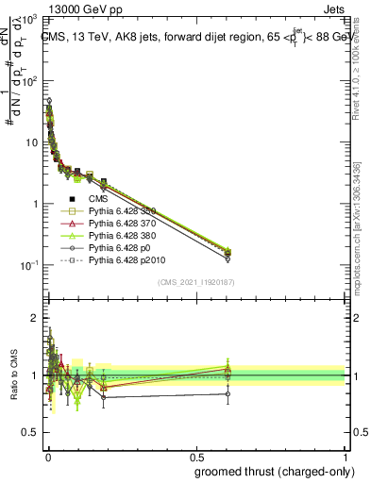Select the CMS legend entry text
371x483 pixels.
pos(97,199)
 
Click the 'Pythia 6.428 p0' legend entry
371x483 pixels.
pos(122,248)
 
